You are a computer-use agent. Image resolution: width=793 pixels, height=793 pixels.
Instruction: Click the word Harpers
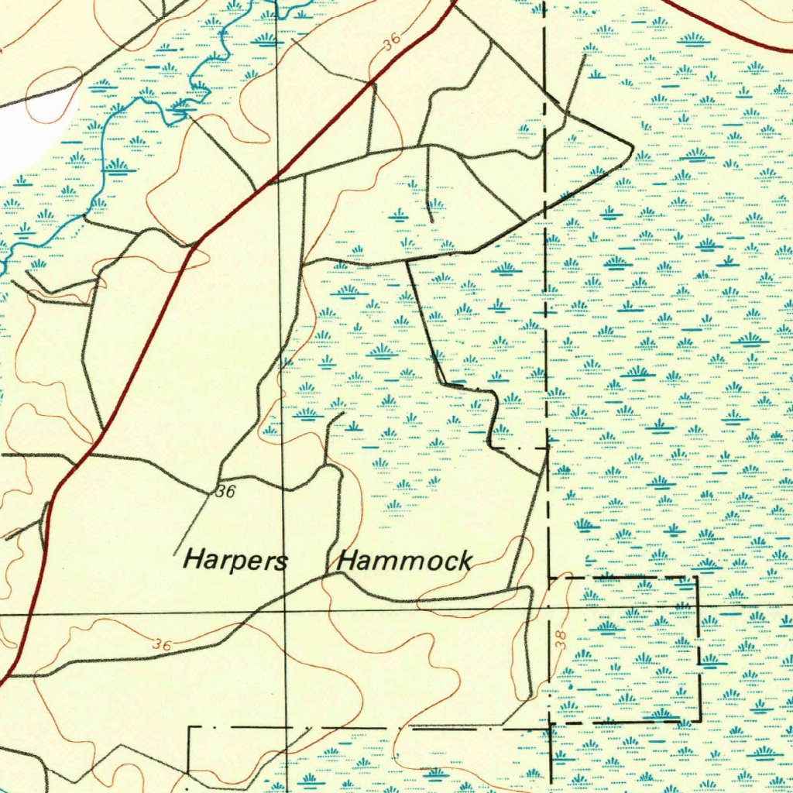pyautogui.click(x=235, y=559)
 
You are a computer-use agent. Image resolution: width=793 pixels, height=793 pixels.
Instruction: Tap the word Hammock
pyautogui.click(x=405, y=561)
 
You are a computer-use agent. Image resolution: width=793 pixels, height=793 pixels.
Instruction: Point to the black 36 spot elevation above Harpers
pyautogui.click(x=225, y=491)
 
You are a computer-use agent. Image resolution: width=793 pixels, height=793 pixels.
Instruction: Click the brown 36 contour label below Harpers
pyautogui.click(x=162, y=644)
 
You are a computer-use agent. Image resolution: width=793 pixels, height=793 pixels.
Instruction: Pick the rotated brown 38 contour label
pyautogui.click(x=561, y=639)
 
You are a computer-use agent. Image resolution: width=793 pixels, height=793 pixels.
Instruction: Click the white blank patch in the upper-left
pyautogui.click(x=35, y=132)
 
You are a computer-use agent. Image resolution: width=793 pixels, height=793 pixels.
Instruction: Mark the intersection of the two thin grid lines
pyautogui.click(x=285, y=612)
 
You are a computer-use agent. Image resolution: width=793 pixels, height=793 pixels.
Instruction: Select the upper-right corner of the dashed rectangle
pyautogui.click(x=698, y=577)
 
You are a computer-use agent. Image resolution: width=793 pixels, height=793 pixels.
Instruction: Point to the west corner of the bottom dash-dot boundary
pyautogui.click(x=191, y=728)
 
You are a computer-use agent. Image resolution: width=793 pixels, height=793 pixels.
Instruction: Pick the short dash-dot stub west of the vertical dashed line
pyautogui.click(x=519, y=448)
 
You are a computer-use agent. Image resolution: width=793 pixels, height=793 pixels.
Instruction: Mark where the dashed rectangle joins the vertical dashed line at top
pyautogui.click(x=548, y=577)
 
